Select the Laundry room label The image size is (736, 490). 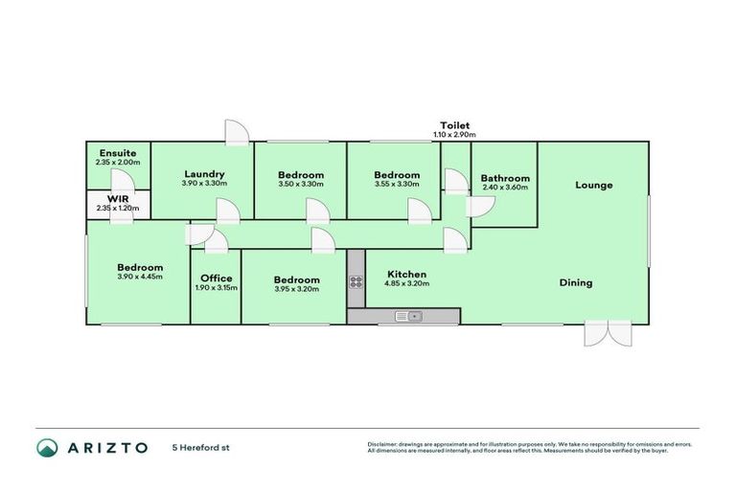204,174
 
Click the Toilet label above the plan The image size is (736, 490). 455,125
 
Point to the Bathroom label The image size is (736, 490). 505,178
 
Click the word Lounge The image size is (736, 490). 593,185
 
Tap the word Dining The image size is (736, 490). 576,282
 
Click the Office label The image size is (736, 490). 216,278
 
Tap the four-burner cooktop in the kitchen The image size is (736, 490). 356,281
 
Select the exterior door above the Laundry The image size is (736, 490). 236,133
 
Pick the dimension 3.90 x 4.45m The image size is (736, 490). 139,277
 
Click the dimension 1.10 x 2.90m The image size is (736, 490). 455,135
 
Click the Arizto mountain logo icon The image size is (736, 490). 46,447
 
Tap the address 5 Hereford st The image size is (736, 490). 201,447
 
